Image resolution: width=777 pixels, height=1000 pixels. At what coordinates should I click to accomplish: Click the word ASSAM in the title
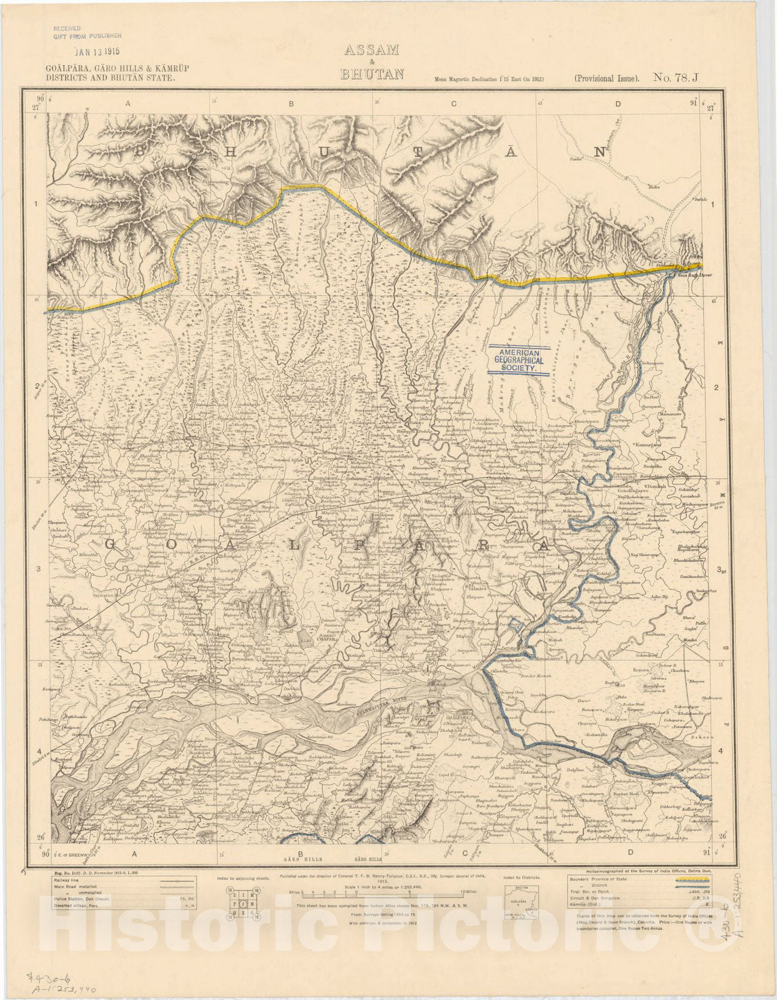click(x=371, y=51)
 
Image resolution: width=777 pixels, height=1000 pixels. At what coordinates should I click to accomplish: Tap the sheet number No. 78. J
click(x=678, y=77)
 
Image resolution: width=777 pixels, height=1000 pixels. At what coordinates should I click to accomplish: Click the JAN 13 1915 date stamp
click(x=97, y=53)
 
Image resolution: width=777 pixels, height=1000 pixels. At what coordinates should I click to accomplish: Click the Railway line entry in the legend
click(x=69, y=880)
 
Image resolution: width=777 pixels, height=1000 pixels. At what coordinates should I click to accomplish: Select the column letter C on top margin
click(x=454, y=104)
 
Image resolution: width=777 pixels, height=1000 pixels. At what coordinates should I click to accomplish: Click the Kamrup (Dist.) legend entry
click(x=586, y=903)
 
